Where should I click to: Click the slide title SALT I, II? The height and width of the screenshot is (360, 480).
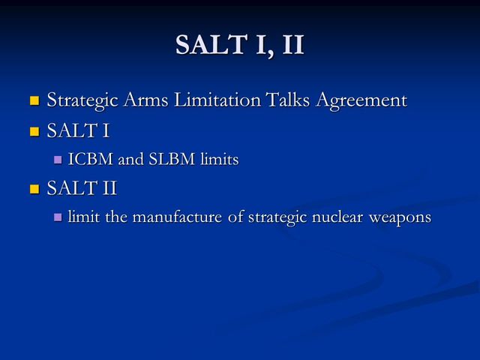[x=240, y=44]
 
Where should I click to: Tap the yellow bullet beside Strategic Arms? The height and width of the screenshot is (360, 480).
[x=34, y=100]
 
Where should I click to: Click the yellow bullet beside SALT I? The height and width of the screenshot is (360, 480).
[x=34, y=131]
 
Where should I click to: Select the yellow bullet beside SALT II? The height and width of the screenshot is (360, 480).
[x=34, y=188]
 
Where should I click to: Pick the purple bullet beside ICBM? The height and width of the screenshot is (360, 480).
[x=58, y=160]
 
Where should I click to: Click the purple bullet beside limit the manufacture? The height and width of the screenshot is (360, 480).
[x=58, y=217]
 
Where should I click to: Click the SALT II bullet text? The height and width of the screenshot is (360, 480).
[x=82, y=188]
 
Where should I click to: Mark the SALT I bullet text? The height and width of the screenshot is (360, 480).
[x=78, y=131]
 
